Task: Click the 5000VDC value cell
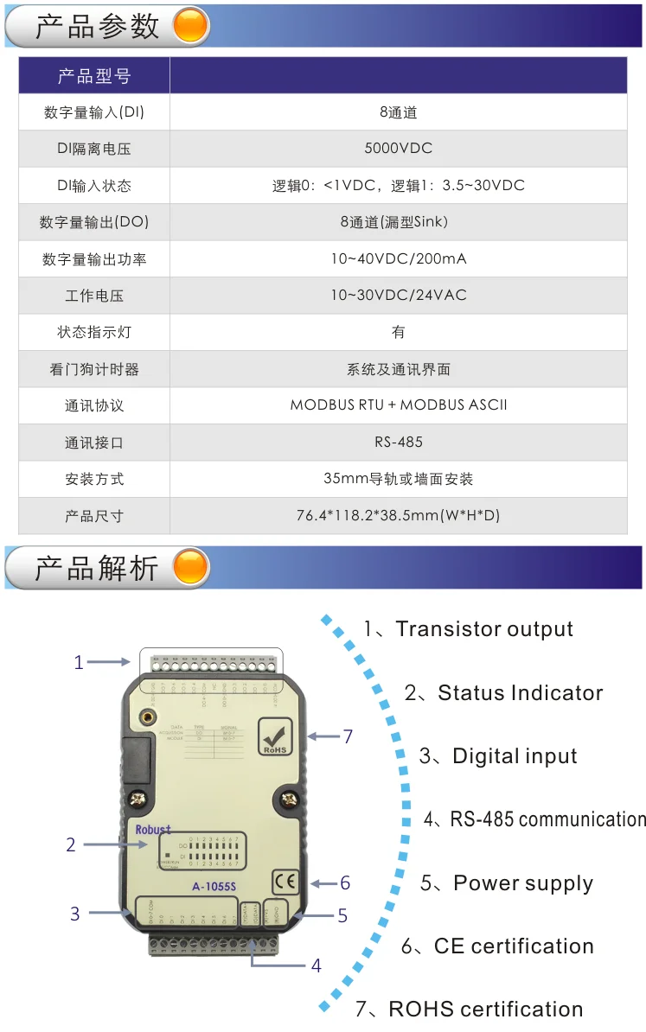coord(398,149)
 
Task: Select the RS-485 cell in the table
coord(398,442)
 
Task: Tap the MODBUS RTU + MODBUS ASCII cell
coord(398,405)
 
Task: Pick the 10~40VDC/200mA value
coord(398,258)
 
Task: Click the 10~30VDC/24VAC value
coord(398,295)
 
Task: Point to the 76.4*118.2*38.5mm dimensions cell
coord(398,515)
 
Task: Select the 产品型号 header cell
coord(94,76)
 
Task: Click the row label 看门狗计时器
coord(94,369)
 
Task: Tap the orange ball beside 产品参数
coord(190,26)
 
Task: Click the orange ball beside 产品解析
coord(190,568)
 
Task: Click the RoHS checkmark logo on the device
coord(277,736)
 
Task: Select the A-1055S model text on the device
coord(214,886)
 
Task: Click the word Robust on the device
coord(153,829)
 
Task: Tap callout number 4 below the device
coord(317,965)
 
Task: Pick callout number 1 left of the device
coord(79,662)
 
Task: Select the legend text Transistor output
coord(484,629)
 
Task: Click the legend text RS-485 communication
coord(547,819)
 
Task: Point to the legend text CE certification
coord(514,946)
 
